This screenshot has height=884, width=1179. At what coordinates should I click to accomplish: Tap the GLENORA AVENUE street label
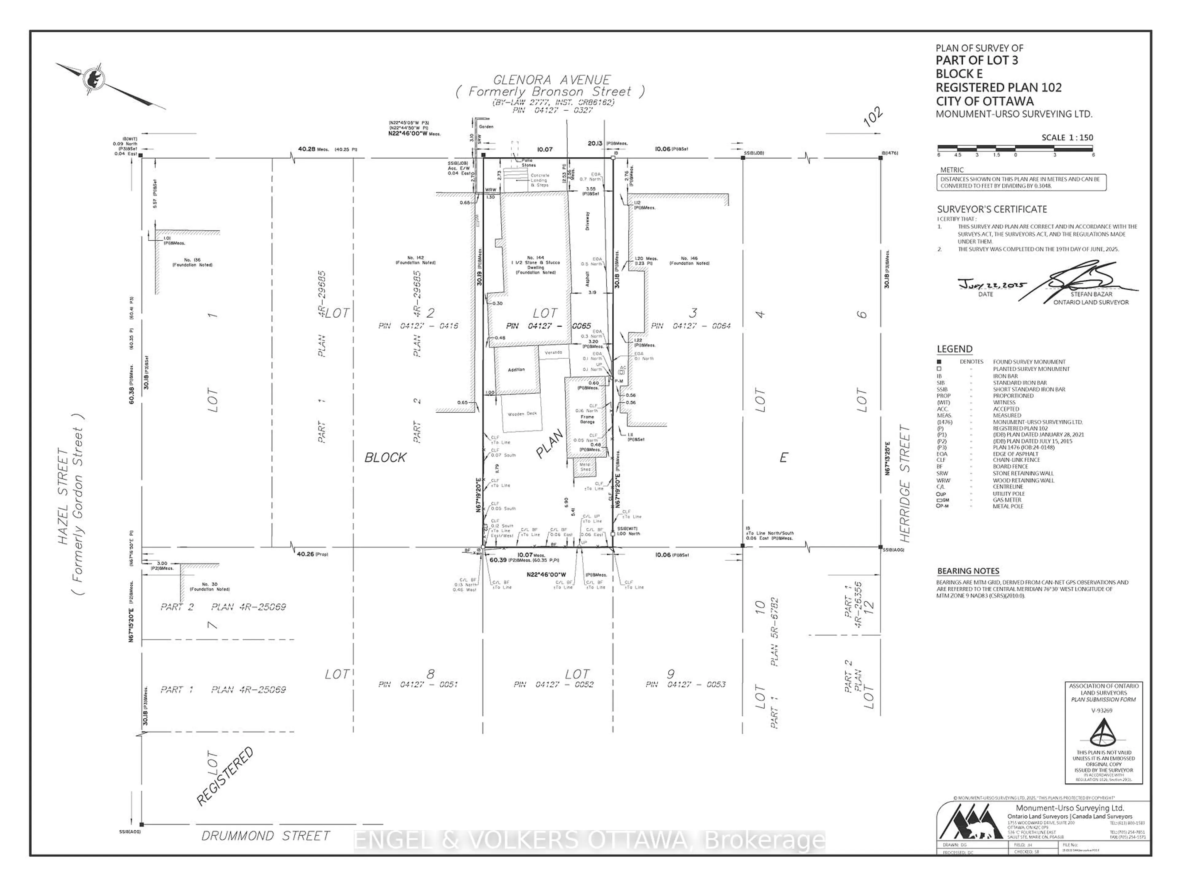tap(552, 80)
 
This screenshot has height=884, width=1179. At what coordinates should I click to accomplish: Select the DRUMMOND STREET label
tap(266, 836)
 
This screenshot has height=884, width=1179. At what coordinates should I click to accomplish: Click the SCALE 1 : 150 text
tap(1067, 138)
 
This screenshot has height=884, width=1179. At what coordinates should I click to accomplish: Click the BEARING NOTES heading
tap(968, 571)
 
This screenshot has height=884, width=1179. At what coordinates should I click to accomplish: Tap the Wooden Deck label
tap(522, 413)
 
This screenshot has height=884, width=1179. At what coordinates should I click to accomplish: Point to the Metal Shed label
tap(585, 467)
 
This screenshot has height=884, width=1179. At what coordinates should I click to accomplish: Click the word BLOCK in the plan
tap(385, 457)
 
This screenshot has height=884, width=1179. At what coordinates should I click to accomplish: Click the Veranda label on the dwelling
tap(553, 353)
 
